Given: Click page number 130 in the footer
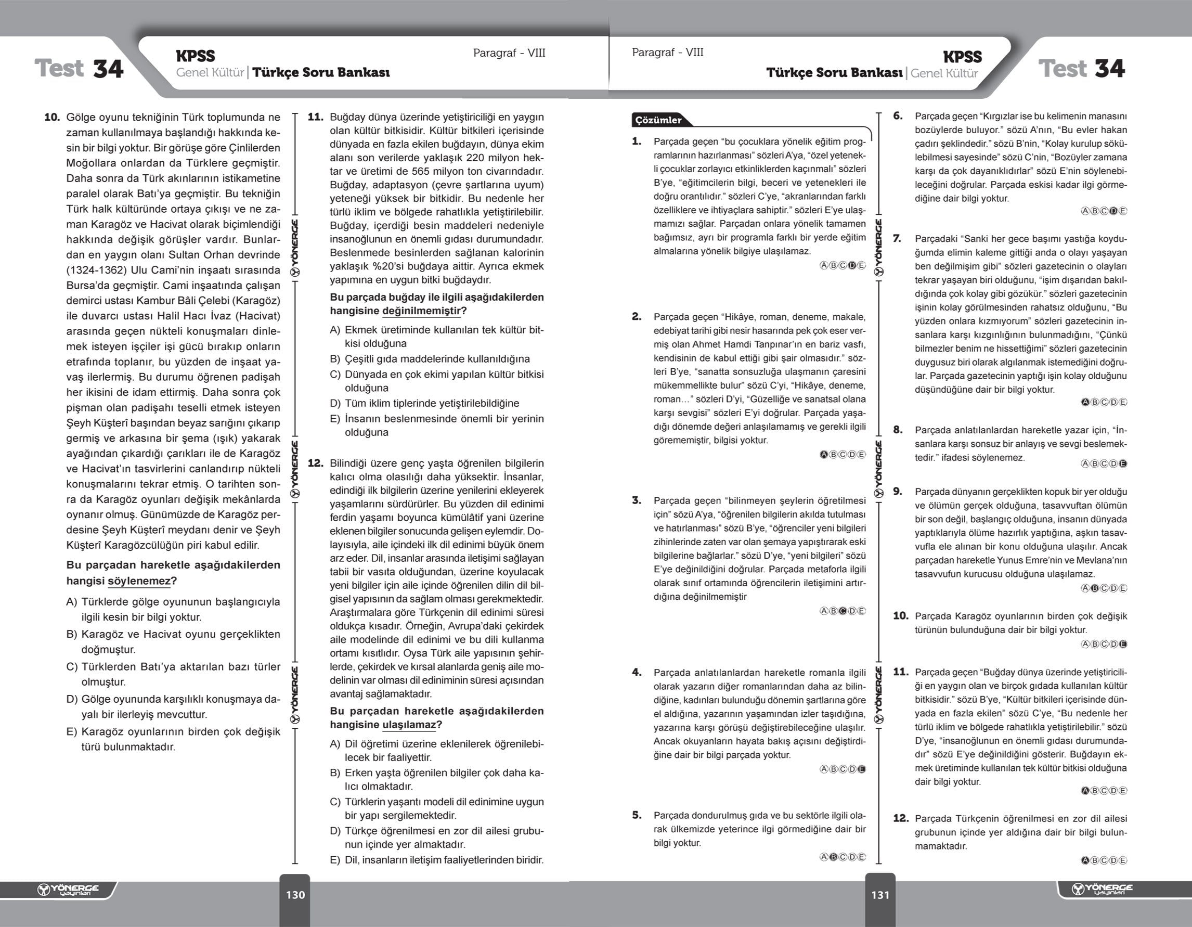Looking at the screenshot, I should click(x=295, y=895).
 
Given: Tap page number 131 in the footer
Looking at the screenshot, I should click(x=880, y=895).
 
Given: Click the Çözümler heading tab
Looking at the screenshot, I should click(x=658, y=120).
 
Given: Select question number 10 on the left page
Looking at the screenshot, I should click(x=52, y=118).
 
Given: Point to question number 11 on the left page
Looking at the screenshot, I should click(x=316, y=117).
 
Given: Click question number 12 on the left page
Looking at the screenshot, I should click(x=316, y=463).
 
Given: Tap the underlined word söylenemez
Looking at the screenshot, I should click(x=139, y=581).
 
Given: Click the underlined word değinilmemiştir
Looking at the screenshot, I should click(x=421, y=311).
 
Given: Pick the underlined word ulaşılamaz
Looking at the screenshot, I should click(x=409, y=725).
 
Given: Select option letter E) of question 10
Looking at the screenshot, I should click(x=71, y=732).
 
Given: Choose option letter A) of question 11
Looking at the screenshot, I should click(x=335, y=330).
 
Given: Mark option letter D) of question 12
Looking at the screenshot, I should click(x=335, y=831).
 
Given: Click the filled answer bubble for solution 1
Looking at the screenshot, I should click(x=852, y=265).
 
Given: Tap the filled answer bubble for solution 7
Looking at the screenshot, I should click(x=1085, y=402).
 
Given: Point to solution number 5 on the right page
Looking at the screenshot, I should click(x=637, y=815).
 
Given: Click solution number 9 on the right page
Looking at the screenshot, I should click(x=897, y=492).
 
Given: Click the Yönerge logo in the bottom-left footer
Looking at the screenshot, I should click(x=68, y=890).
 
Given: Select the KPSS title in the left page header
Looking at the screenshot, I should click(x=196, y=56).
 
